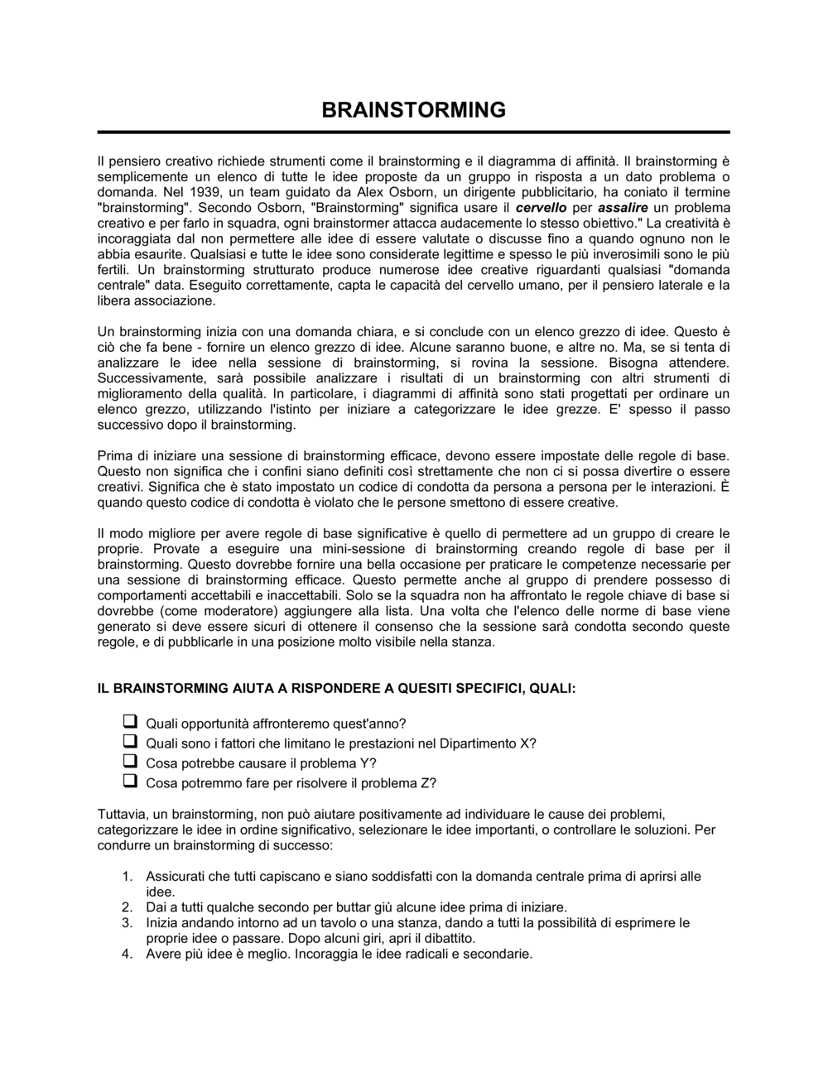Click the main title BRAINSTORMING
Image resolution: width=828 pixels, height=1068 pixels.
coord(413,110)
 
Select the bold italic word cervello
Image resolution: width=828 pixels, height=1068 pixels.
coord(541,208)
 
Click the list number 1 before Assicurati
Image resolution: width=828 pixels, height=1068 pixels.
coord(127,876)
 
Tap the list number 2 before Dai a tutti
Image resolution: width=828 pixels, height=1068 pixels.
coord(127,907)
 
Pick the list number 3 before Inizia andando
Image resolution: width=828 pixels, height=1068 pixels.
coord(127,922)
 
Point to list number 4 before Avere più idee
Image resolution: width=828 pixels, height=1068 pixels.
coord(127,954)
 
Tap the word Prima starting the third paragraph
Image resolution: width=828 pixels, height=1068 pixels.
coord(113,455)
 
